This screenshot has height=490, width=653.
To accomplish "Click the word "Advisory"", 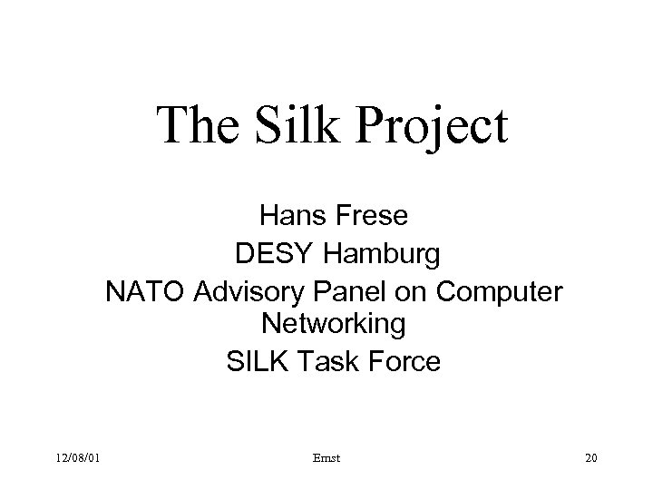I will [x=239, y=292].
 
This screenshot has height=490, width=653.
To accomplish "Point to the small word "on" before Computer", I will [x=404, y=292].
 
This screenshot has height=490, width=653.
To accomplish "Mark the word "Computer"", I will [x=496, y=292].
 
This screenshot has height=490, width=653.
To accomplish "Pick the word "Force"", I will [x=405, y=362].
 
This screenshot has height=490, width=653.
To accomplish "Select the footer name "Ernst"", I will [x=332, y=456].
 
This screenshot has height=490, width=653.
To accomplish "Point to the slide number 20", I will [x=591, y=456].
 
